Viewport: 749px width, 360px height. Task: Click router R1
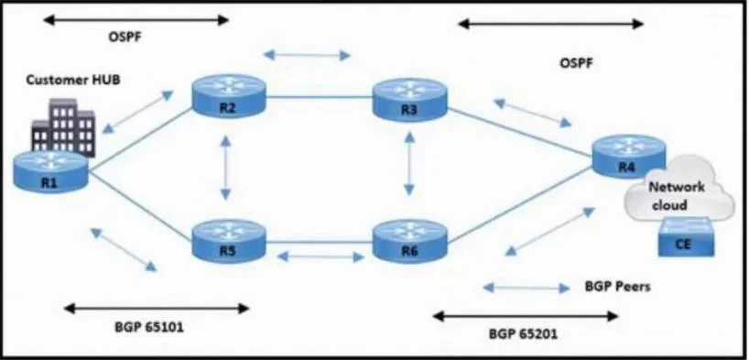50,171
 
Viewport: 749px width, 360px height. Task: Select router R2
228,95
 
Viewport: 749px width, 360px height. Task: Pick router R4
629,156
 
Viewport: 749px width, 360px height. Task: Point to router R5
228,241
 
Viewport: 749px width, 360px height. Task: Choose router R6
409,241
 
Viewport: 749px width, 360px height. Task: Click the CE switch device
686,236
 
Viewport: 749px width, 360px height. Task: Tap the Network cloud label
676,195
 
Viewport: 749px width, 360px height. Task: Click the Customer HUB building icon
63,127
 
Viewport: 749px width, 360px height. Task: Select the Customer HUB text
72,80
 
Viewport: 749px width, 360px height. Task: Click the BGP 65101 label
149,328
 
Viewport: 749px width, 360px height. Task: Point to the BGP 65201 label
523,333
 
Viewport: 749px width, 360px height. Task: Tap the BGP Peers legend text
617,287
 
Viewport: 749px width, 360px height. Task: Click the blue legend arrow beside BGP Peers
526,288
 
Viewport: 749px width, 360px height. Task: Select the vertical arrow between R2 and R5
226,168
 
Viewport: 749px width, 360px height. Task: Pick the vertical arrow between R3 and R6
409,163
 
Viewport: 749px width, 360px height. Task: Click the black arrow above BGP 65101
157,309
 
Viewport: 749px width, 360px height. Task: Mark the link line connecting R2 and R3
319,97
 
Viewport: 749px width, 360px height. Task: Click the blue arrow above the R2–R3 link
307,55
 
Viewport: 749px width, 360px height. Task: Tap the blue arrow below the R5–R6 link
321,257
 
